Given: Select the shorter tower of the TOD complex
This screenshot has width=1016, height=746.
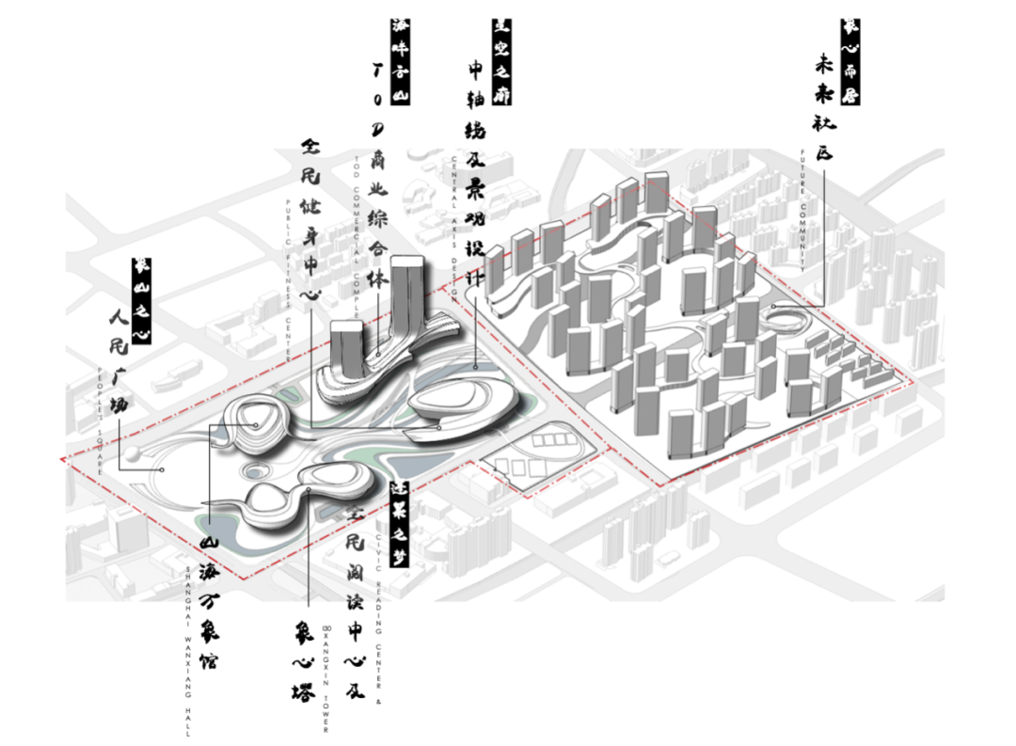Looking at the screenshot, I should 347,346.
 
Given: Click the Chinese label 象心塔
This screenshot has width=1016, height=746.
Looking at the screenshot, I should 303,659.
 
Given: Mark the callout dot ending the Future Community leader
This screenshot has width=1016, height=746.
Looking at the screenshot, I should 772,307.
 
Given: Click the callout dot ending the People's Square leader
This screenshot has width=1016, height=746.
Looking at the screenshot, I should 162,468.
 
